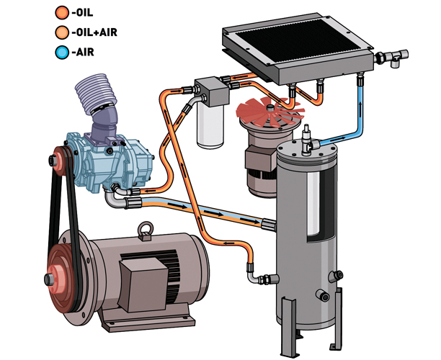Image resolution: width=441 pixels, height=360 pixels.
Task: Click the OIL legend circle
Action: (62, 13)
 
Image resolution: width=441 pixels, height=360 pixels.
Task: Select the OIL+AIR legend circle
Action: (62, 32)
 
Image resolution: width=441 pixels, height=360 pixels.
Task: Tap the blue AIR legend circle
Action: (62, 53)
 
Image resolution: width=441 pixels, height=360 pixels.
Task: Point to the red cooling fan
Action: (269, 110)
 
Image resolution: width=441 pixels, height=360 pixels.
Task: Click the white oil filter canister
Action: (210, 125)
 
